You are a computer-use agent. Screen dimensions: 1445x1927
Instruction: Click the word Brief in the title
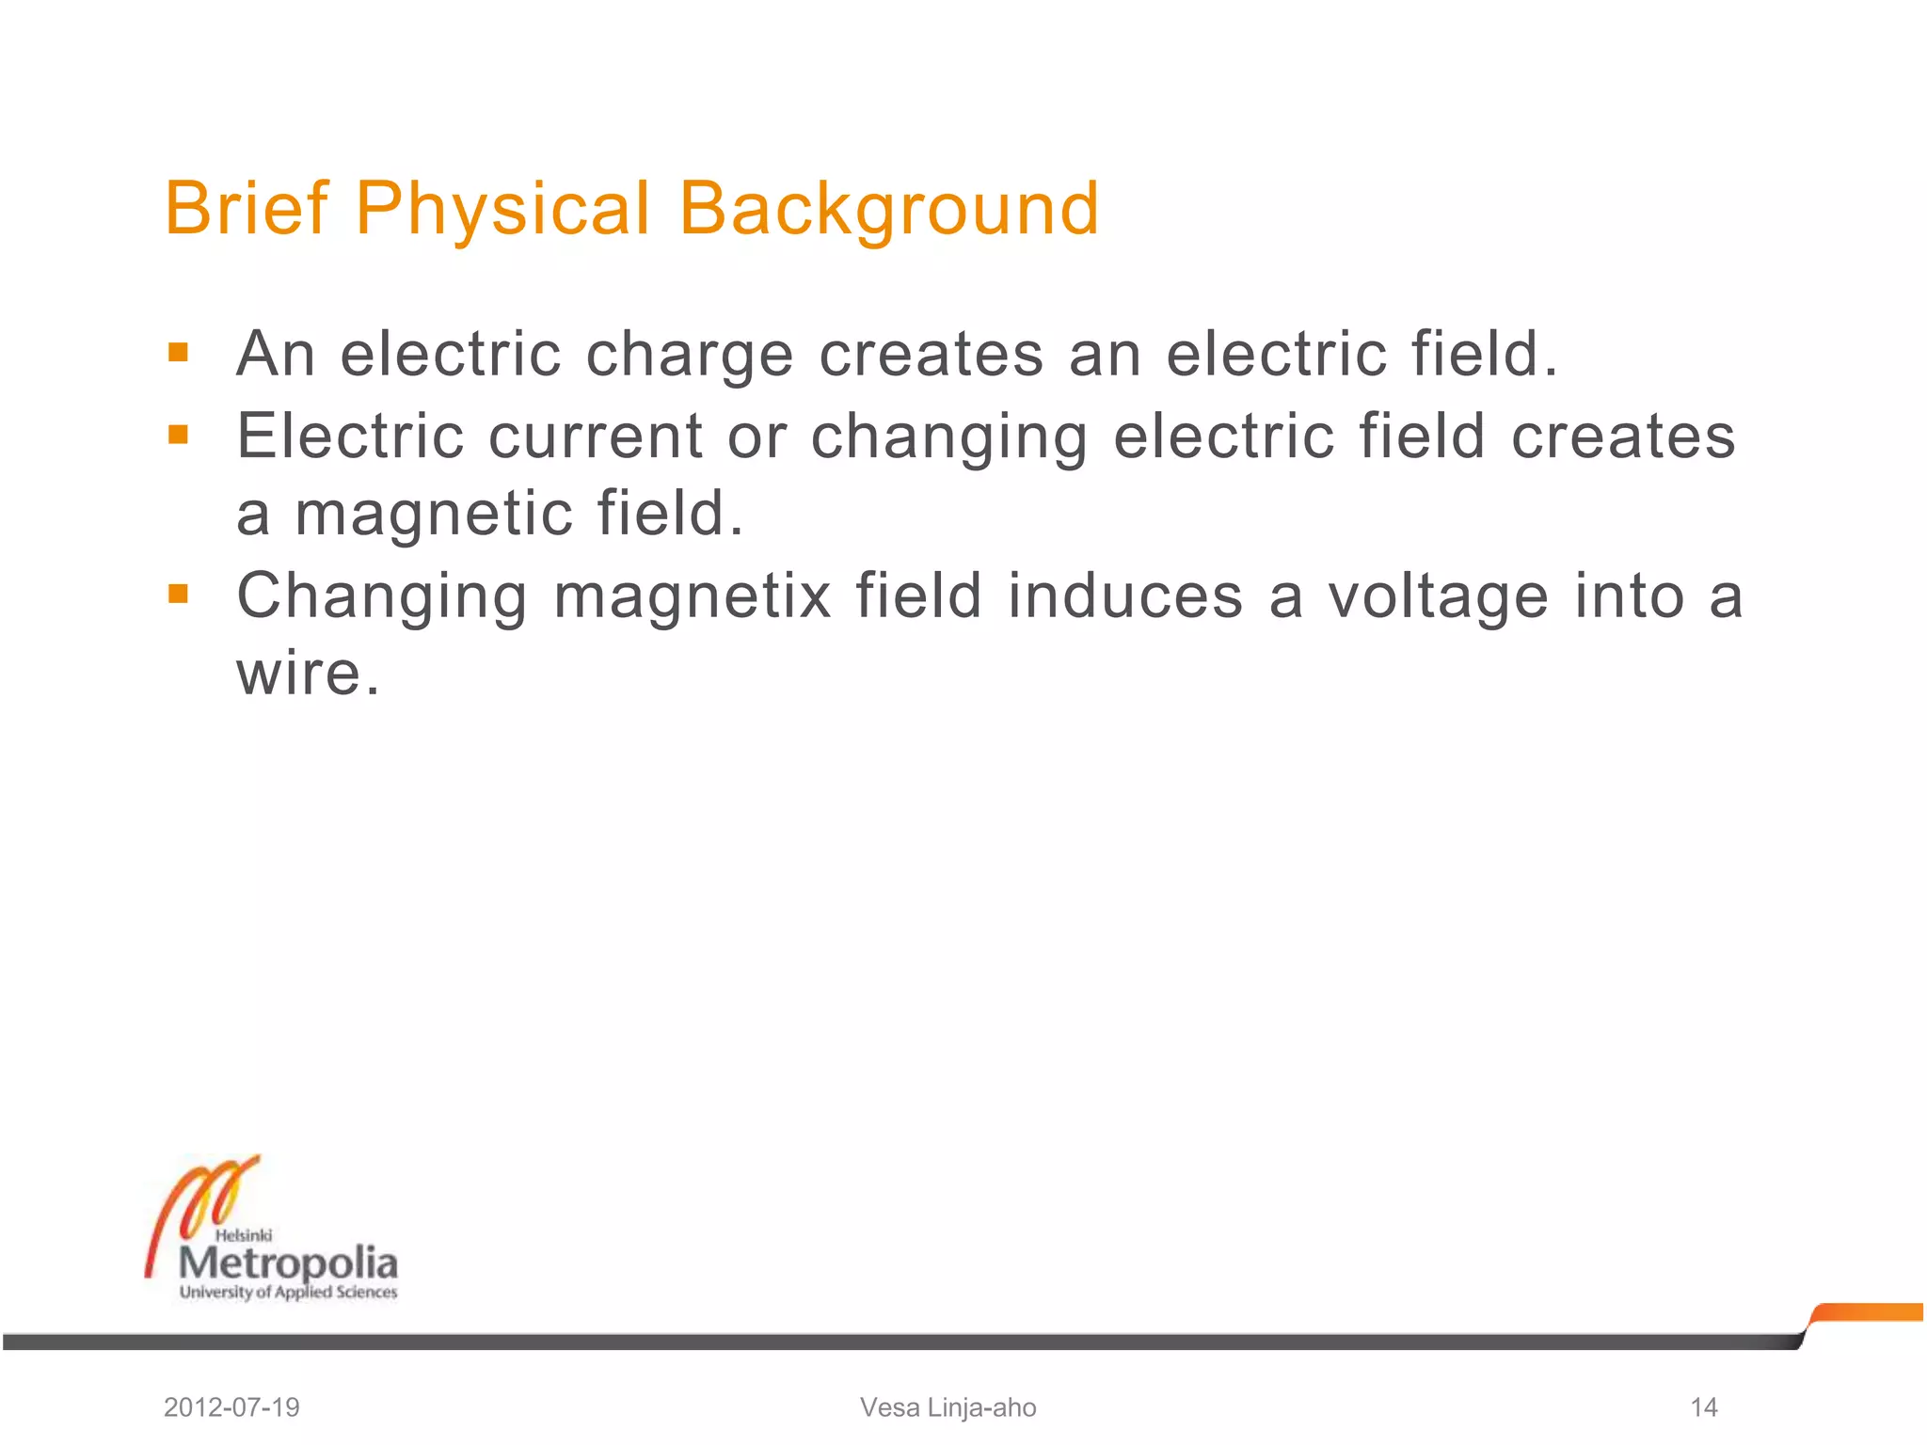247,208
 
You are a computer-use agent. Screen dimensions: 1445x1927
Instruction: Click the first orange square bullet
178,353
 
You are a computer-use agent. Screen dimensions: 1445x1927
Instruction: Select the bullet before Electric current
178,435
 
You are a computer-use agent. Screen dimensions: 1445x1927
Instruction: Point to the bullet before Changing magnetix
178,594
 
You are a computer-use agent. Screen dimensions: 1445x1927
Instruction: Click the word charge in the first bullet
690,356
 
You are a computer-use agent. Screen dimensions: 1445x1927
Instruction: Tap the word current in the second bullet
595,437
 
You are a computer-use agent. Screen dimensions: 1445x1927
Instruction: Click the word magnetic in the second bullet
434,515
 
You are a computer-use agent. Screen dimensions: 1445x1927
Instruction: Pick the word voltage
1438,597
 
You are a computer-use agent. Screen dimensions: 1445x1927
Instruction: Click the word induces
1125,596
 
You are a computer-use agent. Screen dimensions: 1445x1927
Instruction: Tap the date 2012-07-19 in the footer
231,1407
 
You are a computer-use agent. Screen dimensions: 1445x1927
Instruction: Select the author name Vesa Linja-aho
948,1407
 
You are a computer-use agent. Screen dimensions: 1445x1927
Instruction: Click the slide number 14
1703,1407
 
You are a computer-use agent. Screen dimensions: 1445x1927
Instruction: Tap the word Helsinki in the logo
244,1235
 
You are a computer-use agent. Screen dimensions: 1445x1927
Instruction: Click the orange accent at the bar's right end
1868,1312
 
